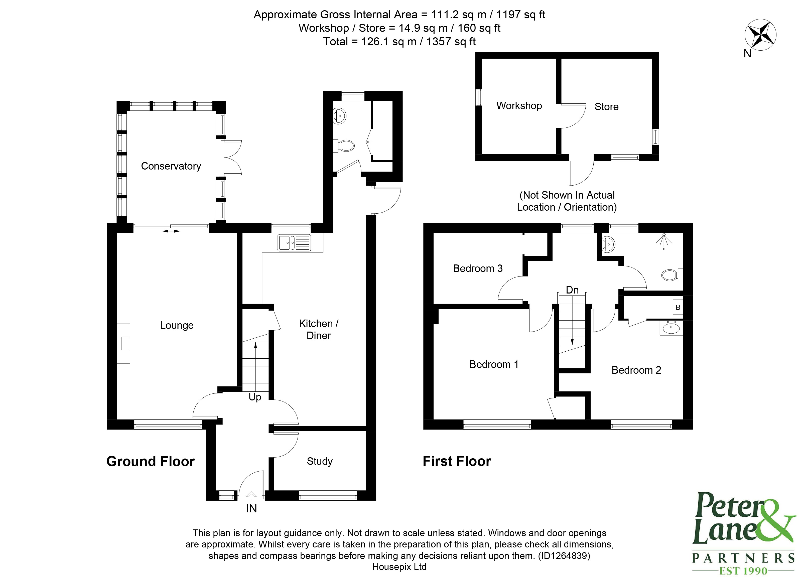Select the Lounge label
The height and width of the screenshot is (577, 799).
pos(177,325)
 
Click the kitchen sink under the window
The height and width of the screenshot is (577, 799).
pos(294,243)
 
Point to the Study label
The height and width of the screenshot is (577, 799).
pos(320,461)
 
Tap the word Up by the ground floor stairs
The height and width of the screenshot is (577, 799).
pos(255,397)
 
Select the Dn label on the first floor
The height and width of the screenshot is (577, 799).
pos(572,290)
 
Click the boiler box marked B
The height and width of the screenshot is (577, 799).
pos(678,308)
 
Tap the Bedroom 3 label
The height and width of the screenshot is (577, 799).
pos(477,268)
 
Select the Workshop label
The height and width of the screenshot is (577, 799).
pos(519,106)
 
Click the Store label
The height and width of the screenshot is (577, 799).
pos(606,107)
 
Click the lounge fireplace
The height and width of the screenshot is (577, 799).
pos(124,343)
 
